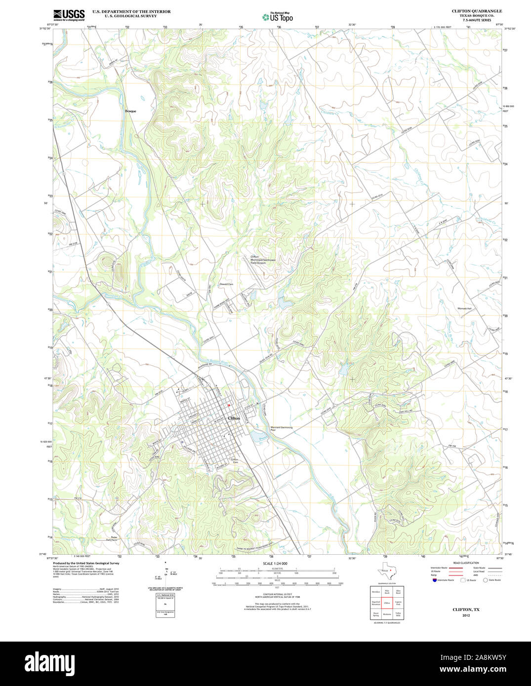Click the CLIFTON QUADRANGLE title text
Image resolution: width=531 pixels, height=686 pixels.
coord(477,11)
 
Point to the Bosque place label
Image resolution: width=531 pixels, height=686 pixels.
coord(130,111)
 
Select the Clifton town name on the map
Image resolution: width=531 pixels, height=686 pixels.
coord(234,418)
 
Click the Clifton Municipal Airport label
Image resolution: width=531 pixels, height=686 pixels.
coord(262,260)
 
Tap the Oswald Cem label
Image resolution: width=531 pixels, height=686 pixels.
coord(226,284)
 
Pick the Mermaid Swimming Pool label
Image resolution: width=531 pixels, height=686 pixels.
coord(281,428)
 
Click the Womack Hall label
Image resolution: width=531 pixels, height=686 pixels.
coord(465,308)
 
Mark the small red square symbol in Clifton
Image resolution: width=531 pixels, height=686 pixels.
coord(229,405)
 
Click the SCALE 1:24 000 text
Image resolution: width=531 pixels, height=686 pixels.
coord(275,563)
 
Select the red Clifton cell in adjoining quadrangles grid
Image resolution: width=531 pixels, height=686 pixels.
coord(387,603)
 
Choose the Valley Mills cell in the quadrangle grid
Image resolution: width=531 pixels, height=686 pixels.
coord(398,614)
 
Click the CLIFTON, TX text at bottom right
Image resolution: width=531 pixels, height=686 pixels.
coord(466,610)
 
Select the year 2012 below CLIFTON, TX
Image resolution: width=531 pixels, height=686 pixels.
coord(466,615)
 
